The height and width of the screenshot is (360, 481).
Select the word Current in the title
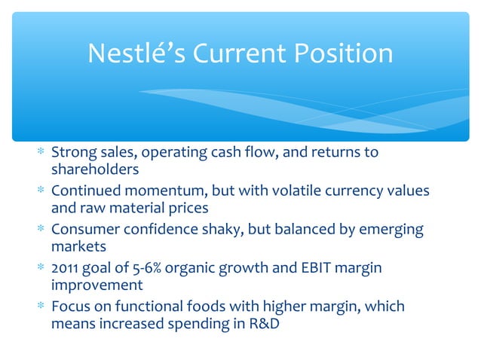pyautogui.click(x=241, y=53)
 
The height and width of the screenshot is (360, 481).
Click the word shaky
pyautogui.click(x=237, y=230)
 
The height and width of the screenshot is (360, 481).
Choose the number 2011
pyautogui.click(x=66, y=268)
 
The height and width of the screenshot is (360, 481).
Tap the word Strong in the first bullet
pyautogui.click(x=71, y=153)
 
